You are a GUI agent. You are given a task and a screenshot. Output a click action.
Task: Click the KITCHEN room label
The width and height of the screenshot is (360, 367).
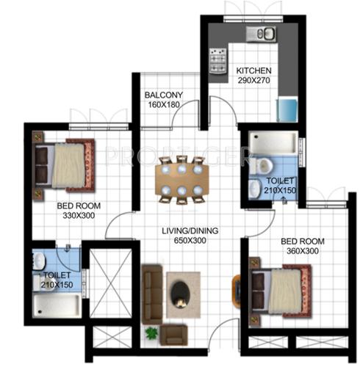coord(254,71)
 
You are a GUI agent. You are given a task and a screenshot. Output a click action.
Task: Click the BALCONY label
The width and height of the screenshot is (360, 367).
coord(163,95)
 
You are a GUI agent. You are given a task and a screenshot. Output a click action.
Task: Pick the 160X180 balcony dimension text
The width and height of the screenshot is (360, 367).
coord(163,104)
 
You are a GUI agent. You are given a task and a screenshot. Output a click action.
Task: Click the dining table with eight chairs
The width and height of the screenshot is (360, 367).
coord(182,179)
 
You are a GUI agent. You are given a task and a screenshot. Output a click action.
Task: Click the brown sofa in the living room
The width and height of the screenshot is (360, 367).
coord(153,290)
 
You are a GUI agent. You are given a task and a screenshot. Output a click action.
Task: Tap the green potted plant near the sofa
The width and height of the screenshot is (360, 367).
coord(152,333)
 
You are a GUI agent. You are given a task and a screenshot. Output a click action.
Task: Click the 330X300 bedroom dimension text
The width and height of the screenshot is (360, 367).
coord(78,216)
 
